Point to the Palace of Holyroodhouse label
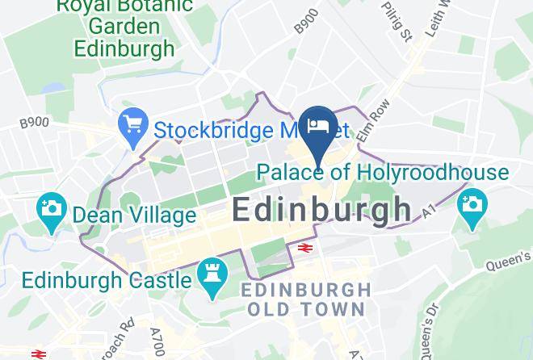[x=383, y=172]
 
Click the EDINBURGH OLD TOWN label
[x=307, y=299]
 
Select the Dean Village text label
[x=134, y=216]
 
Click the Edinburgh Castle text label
[x=107, y=280]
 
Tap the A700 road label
[x=157, y=341]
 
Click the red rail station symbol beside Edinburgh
[x=305, y=248]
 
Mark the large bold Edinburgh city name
[x=321, y=210]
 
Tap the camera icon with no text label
[x=472, y=204]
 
